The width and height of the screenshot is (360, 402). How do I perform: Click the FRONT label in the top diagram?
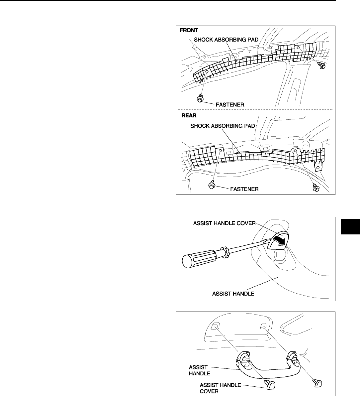pos(189,30)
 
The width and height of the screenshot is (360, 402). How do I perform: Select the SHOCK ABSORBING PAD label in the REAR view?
pos(222,126)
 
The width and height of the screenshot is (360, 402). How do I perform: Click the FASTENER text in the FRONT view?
pos(231,104)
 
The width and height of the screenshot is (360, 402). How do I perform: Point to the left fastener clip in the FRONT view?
pos(200,98)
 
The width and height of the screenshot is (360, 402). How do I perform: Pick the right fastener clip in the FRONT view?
pos(321,66)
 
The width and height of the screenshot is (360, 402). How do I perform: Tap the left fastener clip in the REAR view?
pos(211,185)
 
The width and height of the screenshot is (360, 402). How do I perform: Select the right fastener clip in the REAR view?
pos(316,188)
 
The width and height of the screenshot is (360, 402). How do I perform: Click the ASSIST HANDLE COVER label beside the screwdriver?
pos(224,223)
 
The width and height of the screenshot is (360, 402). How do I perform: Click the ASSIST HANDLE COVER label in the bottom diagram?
pos(221,388)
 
